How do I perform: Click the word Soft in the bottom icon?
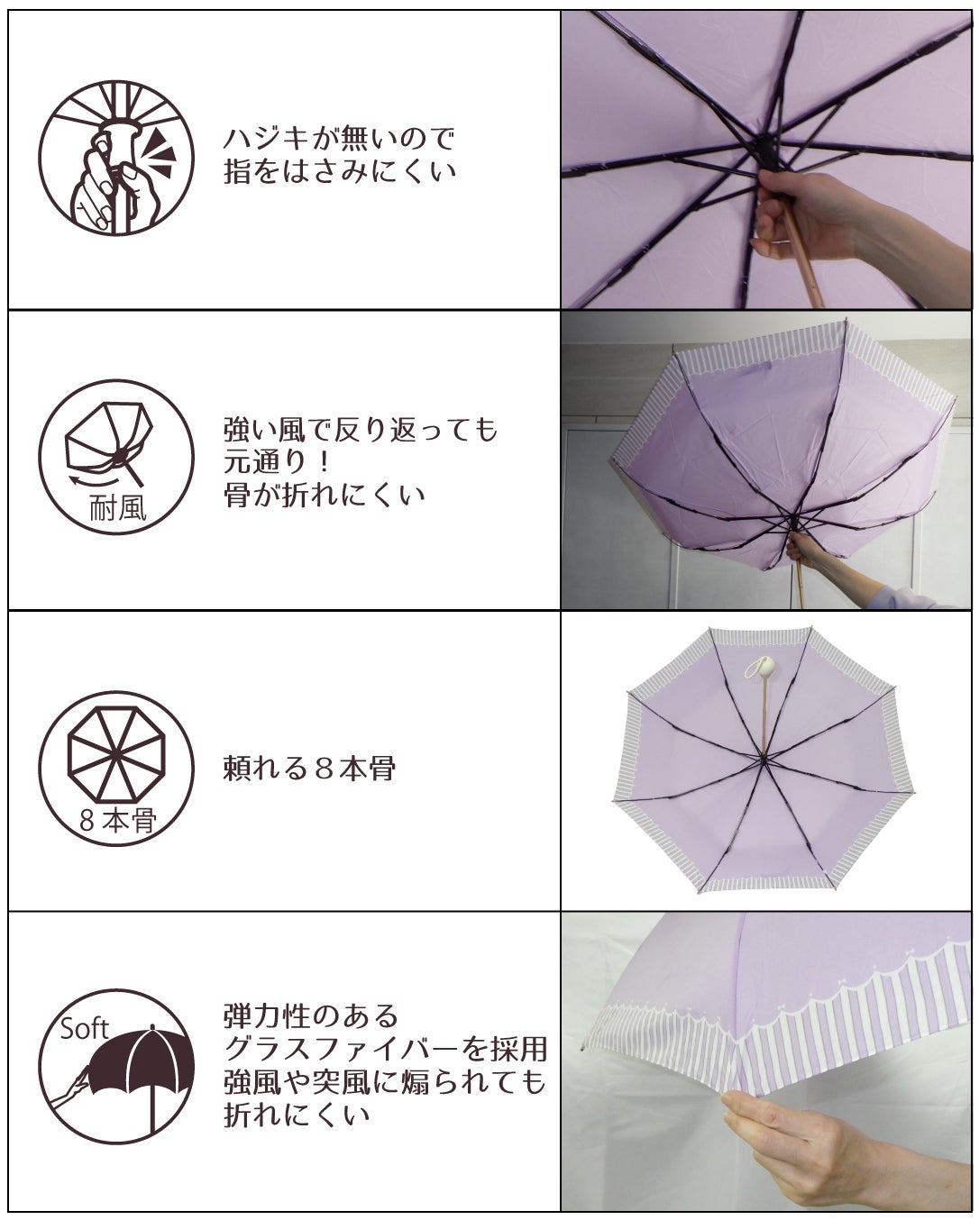coord(84,1028)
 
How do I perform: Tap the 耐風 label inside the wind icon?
coord(118,507)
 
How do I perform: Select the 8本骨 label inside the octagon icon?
coord(117,820)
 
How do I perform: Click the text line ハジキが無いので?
coord(339,139)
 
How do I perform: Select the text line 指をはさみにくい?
coord(339,171)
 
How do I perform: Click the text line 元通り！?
coord(277,462)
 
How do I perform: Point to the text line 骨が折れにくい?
coord(324,495)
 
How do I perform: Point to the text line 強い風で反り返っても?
coord(361,430)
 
